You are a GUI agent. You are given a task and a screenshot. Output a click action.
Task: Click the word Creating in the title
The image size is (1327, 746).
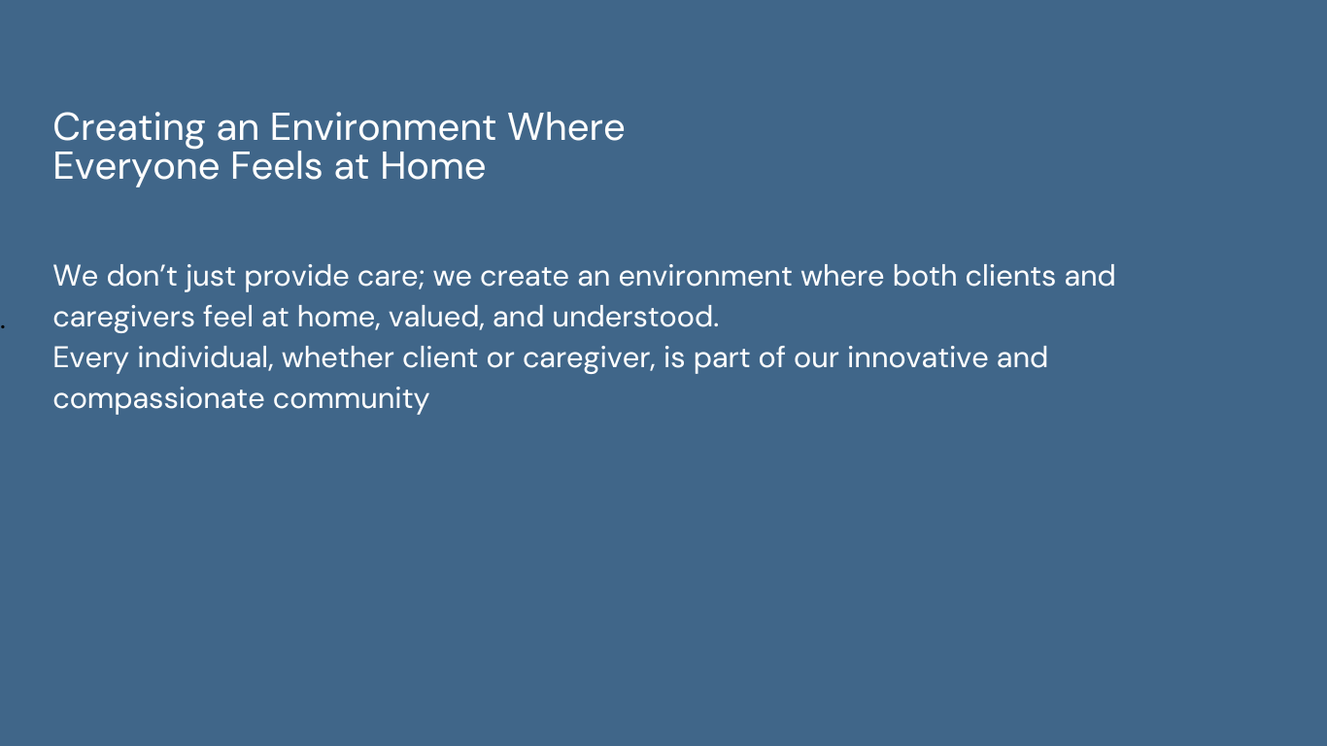tap(129, 128)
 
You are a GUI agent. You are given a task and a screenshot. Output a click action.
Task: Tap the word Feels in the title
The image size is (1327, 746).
tap(277, 166)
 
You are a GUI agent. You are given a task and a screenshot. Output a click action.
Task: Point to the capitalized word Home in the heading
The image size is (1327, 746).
tap(433, 166)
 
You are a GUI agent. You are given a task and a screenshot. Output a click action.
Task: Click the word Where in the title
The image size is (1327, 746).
tap(565, 127)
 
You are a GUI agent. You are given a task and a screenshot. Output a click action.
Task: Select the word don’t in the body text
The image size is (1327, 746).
tap(142, 276)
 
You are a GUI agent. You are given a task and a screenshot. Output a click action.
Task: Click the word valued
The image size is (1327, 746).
tap(436, 318)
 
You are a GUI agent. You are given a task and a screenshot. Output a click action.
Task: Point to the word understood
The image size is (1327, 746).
tap(635, 317)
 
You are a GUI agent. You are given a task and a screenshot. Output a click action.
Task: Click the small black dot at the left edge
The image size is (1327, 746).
tap(2, 326)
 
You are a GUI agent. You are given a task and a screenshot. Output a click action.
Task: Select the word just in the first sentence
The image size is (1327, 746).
tap(210, 277)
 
